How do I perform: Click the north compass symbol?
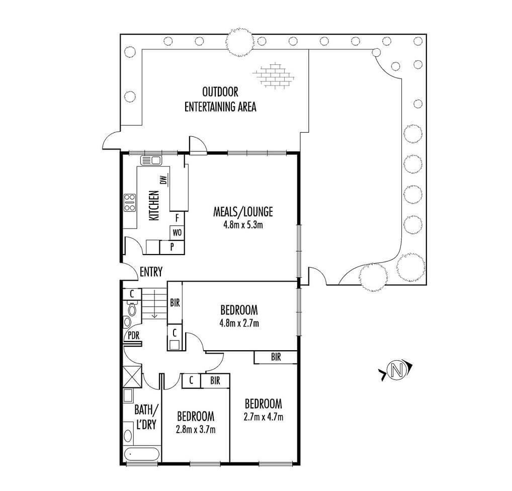coord(397,370)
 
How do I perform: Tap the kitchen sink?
coord(150,160)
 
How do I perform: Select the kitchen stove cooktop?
coord(130,203)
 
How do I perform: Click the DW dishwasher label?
coord(163,180)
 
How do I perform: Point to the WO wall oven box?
coord(177,233)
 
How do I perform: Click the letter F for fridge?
coord(178,218)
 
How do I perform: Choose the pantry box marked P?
coord(172,248)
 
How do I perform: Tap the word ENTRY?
coord(151,272)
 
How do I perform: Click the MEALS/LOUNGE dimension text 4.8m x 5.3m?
coord(243,225)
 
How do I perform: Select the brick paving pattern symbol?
coord(274,75)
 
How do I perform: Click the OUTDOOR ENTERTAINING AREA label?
coord(220,99)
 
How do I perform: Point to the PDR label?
coord(133,336)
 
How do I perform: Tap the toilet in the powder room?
coord(132,308)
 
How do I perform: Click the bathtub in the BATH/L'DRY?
coord(142,454)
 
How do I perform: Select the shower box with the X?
coord(132,376)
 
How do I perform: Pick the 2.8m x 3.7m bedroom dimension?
coord(196,429)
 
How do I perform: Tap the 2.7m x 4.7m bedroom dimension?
coord(264,417)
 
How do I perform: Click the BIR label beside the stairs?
coord(175,303)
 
